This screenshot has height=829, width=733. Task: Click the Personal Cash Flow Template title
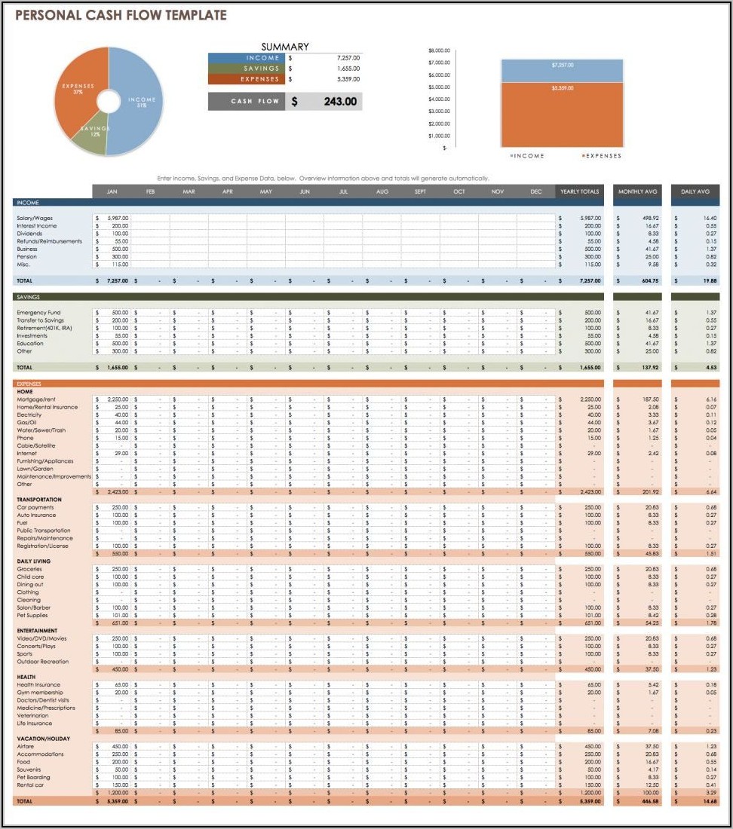point(121,15)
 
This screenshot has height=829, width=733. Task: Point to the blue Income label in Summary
point(246,58)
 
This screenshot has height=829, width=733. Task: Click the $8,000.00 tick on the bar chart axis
point(438,50)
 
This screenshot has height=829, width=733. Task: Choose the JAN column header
point(111,191)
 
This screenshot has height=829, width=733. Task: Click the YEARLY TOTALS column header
point(579,191)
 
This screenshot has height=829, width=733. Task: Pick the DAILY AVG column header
point(695,191)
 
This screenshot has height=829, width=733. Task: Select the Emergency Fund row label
point(38,312)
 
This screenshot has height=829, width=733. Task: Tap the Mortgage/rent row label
point(36,399)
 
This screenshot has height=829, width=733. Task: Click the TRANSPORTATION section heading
point(39,500)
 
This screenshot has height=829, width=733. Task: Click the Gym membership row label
point(40,692)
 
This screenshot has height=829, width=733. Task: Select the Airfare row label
point(26,746)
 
